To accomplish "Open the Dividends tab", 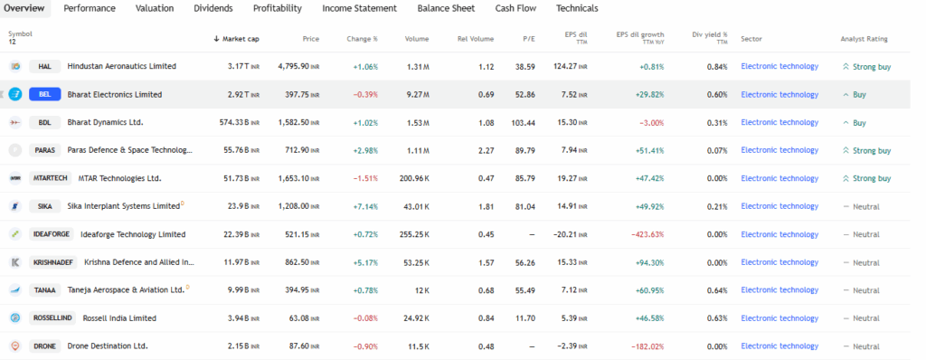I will click(213, 8).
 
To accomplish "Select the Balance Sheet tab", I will click(446, 8).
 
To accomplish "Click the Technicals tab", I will click(576, 8).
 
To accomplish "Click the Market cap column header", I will click(238, 39).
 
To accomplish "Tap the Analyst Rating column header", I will click(864, 39).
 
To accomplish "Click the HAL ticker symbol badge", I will click(44, 66).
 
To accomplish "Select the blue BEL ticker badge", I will click(44, 94).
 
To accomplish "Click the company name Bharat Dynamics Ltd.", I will click(105, 122).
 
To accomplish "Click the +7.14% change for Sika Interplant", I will click(364, 206).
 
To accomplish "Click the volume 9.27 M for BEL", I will click(417, 94).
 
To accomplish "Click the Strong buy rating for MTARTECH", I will click(865, 178).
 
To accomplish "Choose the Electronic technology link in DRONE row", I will click(779, 346).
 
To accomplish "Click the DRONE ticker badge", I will click(44, 346).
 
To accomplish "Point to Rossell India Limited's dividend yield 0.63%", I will click(716, 318).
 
